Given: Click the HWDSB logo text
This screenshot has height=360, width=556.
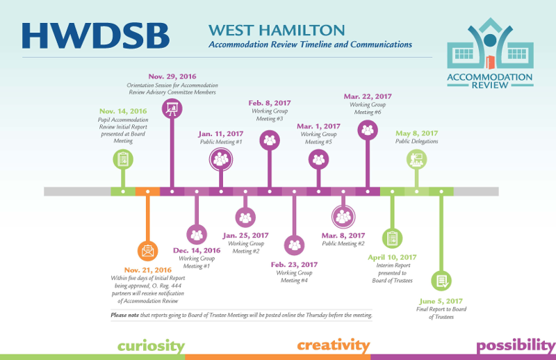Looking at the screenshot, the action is point(96,36).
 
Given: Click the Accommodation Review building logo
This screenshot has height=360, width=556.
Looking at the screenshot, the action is point(490,53).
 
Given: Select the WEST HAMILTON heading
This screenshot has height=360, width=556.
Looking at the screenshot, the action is point(277,30).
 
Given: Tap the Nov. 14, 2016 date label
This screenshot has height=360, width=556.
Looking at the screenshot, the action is point(123,111).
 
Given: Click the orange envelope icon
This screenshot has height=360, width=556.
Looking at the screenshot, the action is point(147,251).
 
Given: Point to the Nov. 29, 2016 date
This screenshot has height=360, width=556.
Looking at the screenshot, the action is point(172,76).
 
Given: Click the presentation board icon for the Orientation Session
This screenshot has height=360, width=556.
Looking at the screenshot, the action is point(172,108).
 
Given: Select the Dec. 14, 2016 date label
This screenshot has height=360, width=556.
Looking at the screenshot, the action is point(197,250).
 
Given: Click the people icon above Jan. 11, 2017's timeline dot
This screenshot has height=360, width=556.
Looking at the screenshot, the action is point(221,159).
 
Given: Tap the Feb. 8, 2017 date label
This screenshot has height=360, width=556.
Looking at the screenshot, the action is point(270,103).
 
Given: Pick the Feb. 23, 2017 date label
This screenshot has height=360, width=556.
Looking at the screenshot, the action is point(294,265).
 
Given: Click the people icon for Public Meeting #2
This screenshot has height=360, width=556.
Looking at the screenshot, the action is point(343,216).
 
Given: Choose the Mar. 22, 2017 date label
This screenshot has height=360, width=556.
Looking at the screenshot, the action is point(368,97).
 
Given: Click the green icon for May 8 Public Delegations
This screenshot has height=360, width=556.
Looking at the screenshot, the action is point(416,159).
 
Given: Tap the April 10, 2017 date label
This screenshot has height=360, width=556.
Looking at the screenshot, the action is point(392,257).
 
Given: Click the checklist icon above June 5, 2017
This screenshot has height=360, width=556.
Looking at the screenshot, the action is point(441,281).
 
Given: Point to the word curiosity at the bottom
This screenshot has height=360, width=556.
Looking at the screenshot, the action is point(151,346).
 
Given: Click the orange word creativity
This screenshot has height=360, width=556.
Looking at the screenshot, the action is point(334,345).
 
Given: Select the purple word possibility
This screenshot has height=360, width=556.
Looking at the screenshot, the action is point(516,345).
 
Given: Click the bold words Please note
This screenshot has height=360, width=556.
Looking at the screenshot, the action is point(125,315).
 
